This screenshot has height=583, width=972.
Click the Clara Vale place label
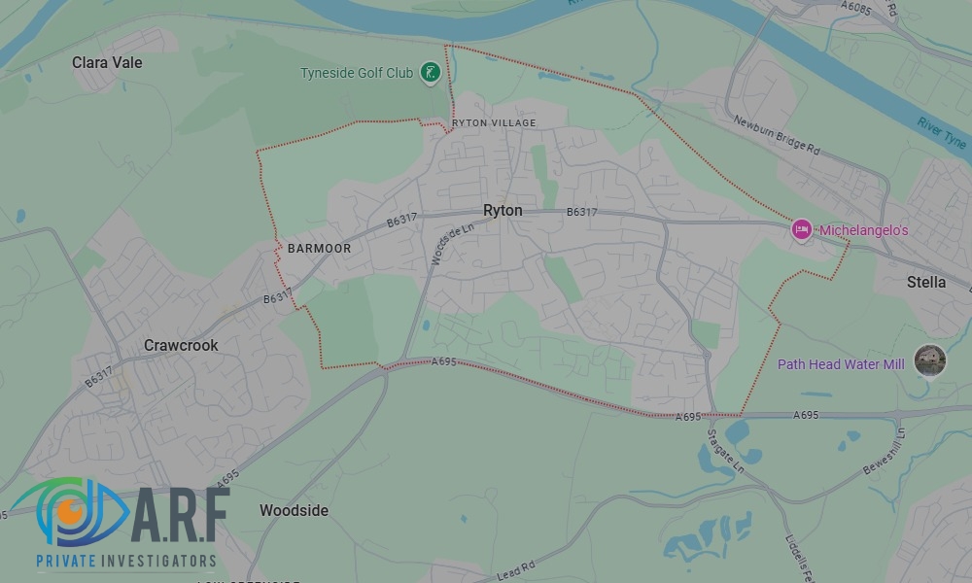[x=107, y=62]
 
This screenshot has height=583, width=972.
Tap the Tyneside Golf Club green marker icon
[x=430, y=72]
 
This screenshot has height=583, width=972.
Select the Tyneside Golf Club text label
[x=357, y=72]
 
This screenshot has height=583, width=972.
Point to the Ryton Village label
[x=494, y=123]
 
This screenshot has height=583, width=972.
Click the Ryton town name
[x=503, y=210]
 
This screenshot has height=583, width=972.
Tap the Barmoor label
[x=319, y=249]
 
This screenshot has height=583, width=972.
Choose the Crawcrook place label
[x=181, y=345]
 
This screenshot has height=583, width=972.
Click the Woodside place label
[x=294, y=510]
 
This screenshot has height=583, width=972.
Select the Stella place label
[x=925, y=282]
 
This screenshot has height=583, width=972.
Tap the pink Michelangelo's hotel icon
[x=802, y=229]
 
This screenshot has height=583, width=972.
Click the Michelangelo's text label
[x=863, y=230]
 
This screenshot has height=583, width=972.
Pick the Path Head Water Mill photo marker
[x=930, y=360]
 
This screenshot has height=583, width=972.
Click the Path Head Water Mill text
[x=841, y=364]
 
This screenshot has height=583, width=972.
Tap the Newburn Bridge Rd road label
[x=778, y=137]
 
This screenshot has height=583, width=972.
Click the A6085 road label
[x=858, y=9]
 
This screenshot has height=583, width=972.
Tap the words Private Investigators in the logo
[x=125, y=561]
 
